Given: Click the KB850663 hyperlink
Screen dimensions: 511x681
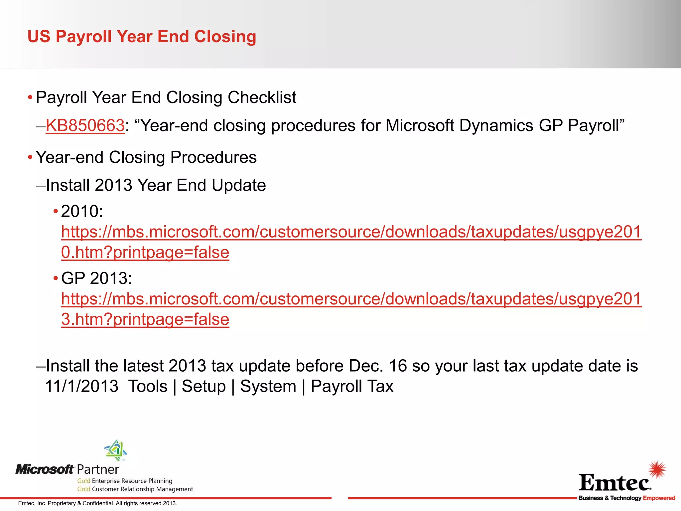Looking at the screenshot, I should (x=85, y=126).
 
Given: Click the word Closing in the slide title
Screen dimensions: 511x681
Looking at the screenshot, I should (x=225, y=37).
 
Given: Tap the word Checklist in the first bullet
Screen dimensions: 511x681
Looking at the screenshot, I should (x=262, y=97).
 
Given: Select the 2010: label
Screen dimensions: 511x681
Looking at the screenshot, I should (x=82, y=211).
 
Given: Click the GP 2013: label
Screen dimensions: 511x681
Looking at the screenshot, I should (x=96, y=278).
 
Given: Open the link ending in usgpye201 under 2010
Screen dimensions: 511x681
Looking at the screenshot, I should (x=351, y=232).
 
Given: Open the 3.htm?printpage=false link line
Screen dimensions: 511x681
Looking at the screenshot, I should (x=145, y=319).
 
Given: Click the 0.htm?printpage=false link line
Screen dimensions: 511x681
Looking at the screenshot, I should (x=145, y=253).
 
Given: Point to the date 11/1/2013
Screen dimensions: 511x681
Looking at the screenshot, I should (x=82, y=387).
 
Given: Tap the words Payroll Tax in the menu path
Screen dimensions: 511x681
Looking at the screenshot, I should (x=352, y=387).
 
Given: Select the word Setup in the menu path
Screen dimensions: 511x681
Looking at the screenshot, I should (x=204, y=387).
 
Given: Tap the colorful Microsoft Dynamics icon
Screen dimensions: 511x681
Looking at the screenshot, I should (x=116, y=450).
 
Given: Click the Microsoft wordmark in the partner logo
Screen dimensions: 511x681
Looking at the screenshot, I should (x=45, y=469).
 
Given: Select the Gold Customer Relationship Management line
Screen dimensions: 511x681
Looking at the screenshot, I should (x=135, y=489).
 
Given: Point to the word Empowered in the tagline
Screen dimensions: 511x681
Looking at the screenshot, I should (x=659, y=498).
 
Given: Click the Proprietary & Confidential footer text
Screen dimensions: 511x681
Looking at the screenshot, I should (x=97, y=503).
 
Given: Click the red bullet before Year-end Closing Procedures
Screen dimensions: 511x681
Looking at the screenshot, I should (x=30, y=157).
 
